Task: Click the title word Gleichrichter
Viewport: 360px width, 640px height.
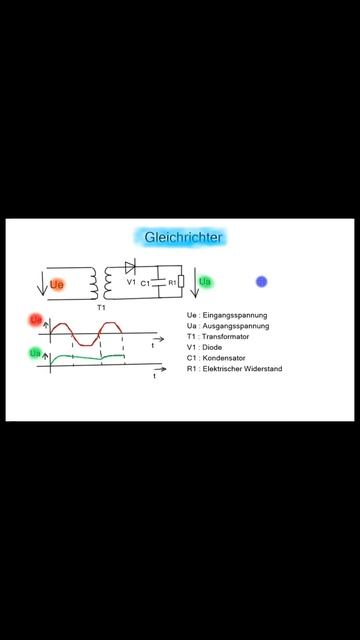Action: coord(183,237)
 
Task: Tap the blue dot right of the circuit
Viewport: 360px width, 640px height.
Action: coord(261,282)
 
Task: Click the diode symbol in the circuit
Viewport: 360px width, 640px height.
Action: coord(131,267)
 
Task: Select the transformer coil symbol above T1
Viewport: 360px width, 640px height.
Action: coord(101,284)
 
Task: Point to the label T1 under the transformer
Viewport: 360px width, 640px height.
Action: coord(101,308)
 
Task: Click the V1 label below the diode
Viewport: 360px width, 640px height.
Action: coord(131,283)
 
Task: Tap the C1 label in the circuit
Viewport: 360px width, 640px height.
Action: coord(146,284)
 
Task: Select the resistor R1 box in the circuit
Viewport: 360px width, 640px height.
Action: coord(180,283)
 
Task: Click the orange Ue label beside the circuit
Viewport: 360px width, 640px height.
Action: coord(56,285)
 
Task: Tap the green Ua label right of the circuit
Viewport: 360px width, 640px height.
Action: coord(205,283)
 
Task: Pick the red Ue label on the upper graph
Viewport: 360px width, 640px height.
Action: coord(35,320)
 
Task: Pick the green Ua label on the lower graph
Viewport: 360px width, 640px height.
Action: coord(35,353)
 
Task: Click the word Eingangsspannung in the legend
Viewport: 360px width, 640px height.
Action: coord(236,315)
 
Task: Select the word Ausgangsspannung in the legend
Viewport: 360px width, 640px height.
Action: coord(236,326)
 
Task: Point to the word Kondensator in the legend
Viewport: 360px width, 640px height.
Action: coord(227,359)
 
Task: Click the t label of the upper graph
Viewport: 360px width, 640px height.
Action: coord(153,344)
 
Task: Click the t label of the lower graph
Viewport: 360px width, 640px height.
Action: coord(154,378)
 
